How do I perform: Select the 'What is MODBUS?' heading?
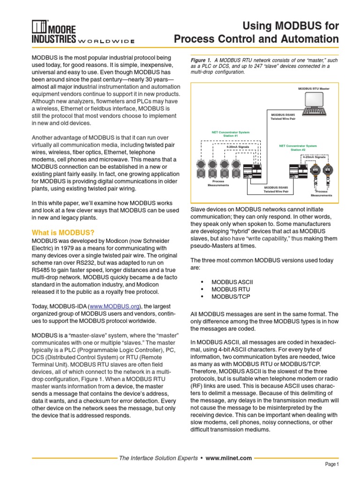(x=63, y=232)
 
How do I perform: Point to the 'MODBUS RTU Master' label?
(x=314, y=88)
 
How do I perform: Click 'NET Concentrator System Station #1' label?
(x=231, y=134)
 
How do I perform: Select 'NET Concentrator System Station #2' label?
(x=298, y=147)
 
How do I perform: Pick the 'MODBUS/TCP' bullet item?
(x=231, y=297)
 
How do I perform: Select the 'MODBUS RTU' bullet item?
(x=230, y=289)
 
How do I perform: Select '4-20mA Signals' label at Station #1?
(x=238, y=147)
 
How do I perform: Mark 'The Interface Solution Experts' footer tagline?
(x=158, y=458)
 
